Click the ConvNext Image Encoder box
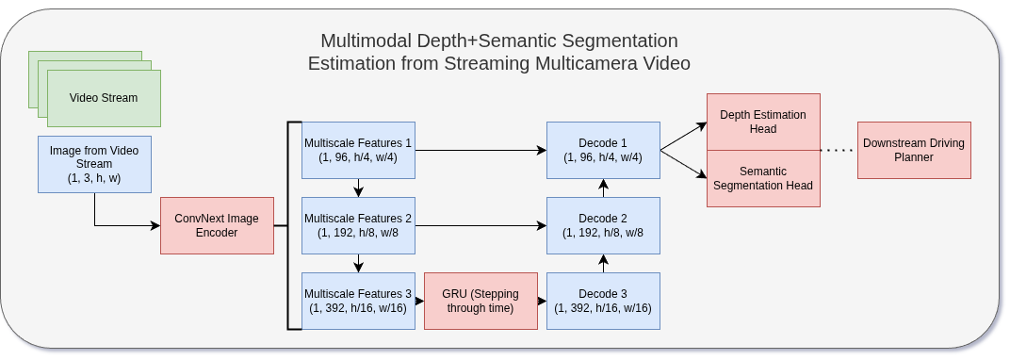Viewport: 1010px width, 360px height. (x=217, y=225)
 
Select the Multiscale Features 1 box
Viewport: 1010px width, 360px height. (x=358, y=150)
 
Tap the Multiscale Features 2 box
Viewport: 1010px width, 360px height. (x=358, y=225)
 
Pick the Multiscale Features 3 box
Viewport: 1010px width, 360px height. (x=358, y=301)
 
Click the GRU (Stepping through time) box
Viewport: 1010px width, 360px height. (x=481, y=301)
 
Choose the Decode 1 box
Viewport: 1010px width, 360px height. (x=603, y=150)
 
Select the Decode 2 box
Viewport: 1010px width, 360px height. (x=603, y=225)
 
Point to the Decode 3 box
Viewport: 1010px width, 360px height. (x=603, y=301)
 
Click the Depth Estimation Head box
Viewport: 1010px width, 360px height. (x=763, y=122)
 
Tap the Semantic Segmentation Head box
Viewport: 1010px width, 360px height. (x=763, y=178)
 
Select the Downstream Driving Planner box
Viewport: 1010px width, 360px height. (x=913, y=150)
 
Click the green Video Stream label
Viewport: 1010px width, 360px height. (x=104, y=98)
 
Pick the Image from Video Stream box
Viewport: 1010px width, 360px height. (x=94, y=164)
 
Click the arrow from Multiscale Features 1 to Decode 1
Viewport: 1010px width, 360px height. (x=481, y=150)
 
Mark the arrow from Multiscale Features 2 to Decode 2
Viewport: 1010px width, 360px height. (x=481, y=225)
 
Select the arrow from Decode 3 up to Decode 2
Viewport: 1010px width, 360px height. (x=603, y=263)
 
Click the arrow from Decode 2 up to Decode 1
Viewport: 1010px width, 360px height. (x=603, y=188)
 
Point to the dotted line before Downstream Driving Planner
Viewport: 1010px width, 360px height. (x=838, y=150)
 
